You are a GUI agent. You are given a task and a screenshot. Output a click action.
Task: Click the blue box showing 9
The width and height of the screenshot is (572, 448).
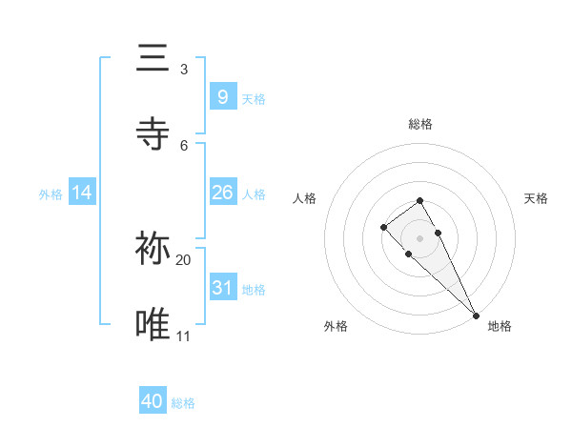click(222, 96)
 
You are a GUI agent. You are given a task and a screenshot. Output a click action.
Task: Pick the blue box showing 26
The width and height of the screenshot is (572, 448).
click(222, 193)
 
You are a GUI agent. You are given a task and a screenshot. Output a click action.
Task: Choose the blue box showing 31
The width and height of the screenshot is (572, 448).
click(222, 288)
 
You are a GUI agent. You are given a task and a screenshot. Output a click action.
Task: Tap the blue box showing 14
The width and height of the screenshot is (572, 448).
click(82, 193)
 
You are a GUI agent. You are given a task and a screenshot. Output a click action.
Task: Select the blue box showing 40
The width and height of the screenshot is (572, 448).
click(153, 401)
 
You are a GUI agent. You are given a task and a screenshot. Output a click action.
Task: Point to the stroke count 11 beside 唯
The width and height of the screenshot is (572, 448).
click(183, 336)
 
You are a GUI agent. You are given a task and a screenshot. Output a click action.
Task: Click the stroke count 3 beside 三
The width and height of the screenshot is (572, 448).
click(183, 70)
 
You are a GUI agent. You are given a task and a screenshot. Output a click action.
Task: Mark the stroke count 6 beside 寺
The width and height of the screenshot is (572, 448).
click(183, 145)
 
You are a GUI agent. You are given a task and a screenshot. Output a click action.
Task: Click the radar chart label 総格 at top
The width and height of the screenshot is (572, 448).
click(420, 124)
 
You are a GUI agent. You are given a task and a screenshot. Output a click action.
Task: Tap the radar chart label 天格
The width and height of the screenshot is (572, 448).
click(536, 198)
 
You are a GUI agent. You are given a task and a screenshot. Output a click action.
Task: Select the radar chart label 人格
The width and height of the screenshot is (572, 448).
click(305, 198)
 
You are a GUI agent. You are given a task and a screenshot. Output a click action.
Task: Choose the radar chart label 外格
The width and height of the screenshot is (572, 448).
click(336, 326)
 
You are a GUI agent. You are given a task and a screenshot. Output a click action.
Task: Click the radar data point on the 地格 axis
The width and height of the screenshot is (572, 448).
click(476, 315)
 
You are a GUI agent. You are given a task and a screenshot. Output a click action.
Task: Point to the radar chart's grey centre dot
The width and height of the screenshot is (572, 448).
click(419, 238)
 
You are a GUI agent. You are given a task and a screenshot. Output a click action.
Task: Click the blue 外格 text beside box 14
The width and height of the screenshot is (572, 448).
click(51, 193)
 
